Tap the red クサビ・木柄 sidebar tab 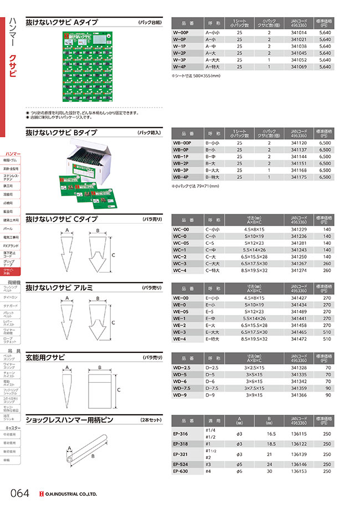pos(11,271)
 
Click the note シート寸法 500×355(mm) pos(197,75)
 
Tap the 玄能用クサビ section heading pos(49,356)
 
